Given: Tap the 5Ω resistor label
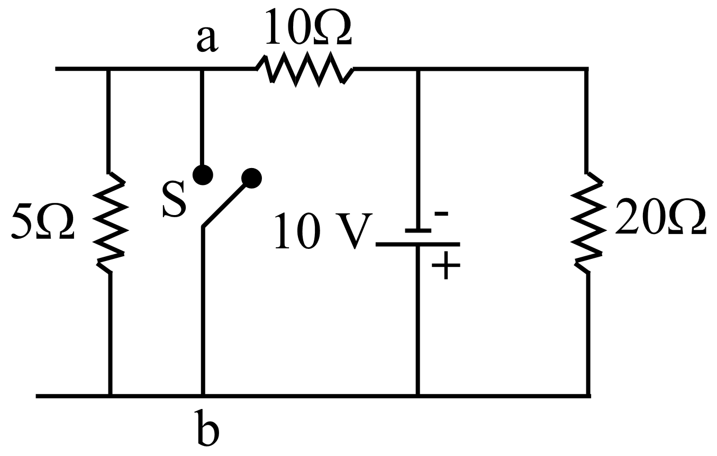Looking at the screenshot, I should tap(42, 221).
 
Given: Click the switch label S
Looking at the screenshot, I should tap(174, 200).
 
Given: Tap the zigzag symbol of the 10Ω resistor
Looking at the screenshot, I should tap(305, 68).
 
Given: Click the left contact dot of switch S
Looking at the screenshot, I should tap(203, 174).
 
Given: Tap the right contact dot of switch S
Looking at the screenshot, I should tap(251, 178).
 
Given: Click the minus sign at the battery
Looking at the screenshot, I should tap(441, 214).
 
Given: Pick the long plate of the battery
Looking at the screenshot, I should tap(418, 245).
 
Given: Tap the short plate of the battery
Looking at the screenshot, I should tap(418, 230).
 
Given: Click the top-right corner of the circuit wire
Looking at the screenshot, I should tap(587, 69).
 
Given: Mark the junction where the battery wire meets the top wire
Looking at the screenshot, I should tap(419, 69).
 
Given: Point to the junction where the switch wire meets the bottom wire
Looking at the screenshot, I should tap(203, 395).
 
